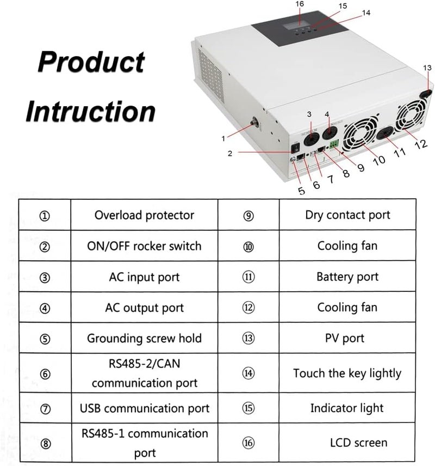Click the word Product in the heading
(91, 62)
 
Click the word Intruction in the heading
(91, 111)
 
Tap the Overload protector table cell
(144, 215)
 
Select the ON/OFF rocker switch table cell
(144, 246)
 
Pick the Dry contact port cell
(347, 215)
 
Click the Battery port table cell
(347, 277)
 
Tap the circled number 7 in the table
(45, 409)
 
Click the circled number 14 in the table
(248, 373)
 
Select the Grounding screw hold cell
(144, 338)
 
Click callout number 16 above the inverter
(300, 4)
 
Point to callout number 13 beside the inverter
(427, 68)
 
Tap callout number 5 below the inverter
(301, 191)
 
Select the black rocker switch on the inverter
(296, 148)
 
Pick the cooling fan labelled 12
(411, 115)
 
